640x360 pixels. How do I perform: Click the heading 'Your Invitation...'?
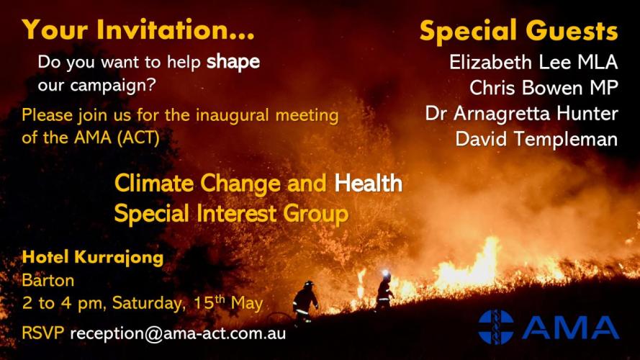pyautogui.click(x=139, y=30)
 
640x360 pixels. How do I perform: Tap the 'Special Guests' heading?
pyautogui.click(x=519, y=31)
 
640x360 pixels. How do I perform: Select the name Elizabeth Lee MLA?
pyautogui.click(x=533, y=62)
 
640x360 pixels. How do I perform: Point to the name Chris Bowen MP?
pyautogui.click(x=544, y=87)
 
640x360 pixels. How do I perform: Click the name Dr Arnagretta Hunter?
pyautogui.click(x=522, y=113)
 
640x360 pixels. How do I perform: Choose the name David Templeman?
pyautogui.click(x=536, y=139)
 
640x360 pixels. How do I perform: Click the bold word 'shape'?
pyautogui.click(x=233, y=63)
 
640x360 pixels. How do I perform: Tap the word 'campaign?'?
pyautogui.click(x=113, y=86)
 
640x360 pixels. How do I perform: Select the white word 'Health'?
pyautogui.click(x=368, y=183)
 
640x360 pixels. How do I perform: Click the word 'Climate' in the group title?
pyautogui.click(x=154, y=183)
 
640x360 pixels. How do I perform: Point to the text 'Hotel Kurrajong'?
pyautogui.click(x=93, y=257)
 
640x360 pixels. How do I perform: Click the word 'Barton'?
pyautogui.click(x=48, y=280)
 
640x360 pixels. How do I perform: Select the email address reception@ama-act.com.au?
pyautogui.click(x=178, y=333)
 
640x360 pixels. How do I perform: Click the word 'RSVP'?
pyautogui.click(x=43, y=333)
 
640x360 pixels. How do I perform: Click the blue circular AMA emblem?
pyautogui.click(x=496, y=327)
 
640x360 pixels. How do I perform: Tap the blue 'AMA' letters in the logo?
pyautogui.click(x=570, y=328)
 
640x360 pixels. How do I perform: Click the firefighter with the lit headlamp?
pyautogui.click(x=384, y=289)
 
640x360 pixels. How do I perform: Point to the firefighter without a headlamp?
pyautogui.click(x=305, y=301)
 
